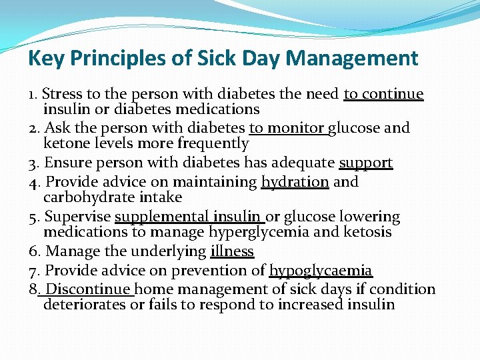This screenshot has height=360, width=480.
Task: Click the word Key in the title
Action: click(x=42, y=59)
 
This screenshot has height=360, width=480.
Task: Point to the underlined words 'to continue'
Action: click(x=383, y=95)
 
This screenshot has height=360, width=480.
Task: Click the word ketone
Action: click(x=65, y=143)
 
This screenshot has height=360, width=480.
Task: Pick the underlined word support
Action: click(x=366, y=163)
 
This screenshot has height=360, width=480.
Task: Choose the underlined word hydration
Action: click(x=295, y=182)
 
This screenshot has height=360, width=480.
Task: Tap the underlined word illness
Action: click(x=232, y=252)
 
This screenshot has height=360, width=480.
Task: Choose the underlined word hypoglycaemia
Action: click(x=321, y=271)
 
